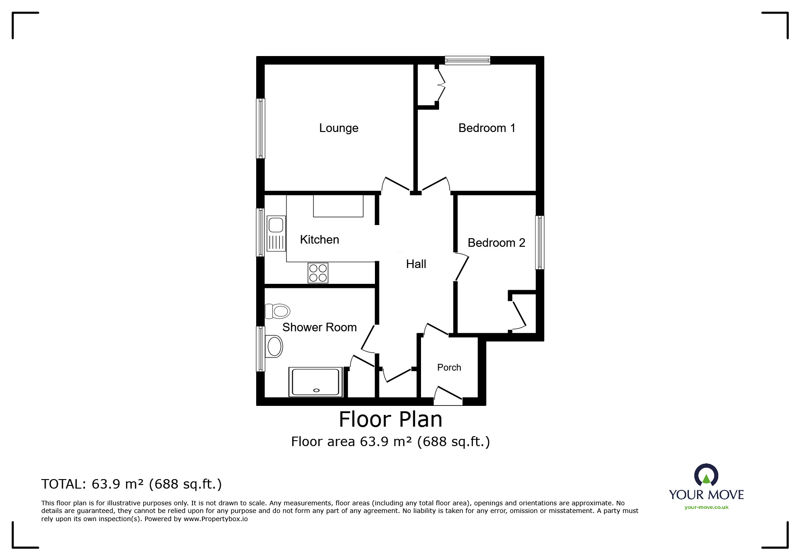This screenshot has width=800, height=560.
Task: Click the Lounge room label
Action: [x=339, y=128]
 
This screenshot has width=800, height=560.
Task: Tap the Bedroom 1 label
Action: [x=487, y=128]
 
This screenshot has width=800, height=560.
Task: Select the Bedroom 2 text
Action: [x=496, y=243]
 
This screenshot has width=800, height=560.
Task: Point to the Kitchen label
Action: [x=319, y=240]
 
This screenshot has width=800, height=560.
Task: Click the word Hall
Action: [x=416, y=264]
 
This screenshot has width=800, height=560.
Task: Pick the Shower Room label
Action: [x=319, y=327]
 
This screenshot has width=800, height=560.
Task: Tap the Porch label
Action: [x=449, y=367]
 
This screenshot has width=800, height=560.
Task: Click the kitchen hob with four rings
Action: [x=318, y=273]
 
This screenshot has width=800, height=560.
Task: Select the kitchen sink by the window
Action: [x=276, y=234]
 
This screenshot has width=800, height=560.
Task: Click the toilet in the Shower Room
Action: [x=277, y=311]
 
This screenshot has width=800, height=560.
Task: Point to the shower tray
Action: [x=316, y=382]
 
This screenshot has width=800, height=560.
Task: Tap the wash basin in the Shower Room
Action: [x=274, y=347]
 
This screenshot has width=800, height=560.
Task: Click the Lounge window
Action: [x=261, y=128]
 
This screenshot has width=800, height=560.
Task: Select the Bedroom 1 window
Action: [x=468, y=60]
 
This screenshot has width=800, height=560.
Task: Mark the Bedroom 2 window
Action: [x=540, y=242]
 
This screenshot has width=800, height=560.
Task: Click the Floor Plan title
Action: [x=391, y=419]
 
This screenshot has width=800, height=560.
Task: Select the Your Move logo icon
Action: [x=706, y=475]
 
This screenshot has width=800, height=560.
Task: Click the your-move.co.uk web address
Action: [x=706, y=507]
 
